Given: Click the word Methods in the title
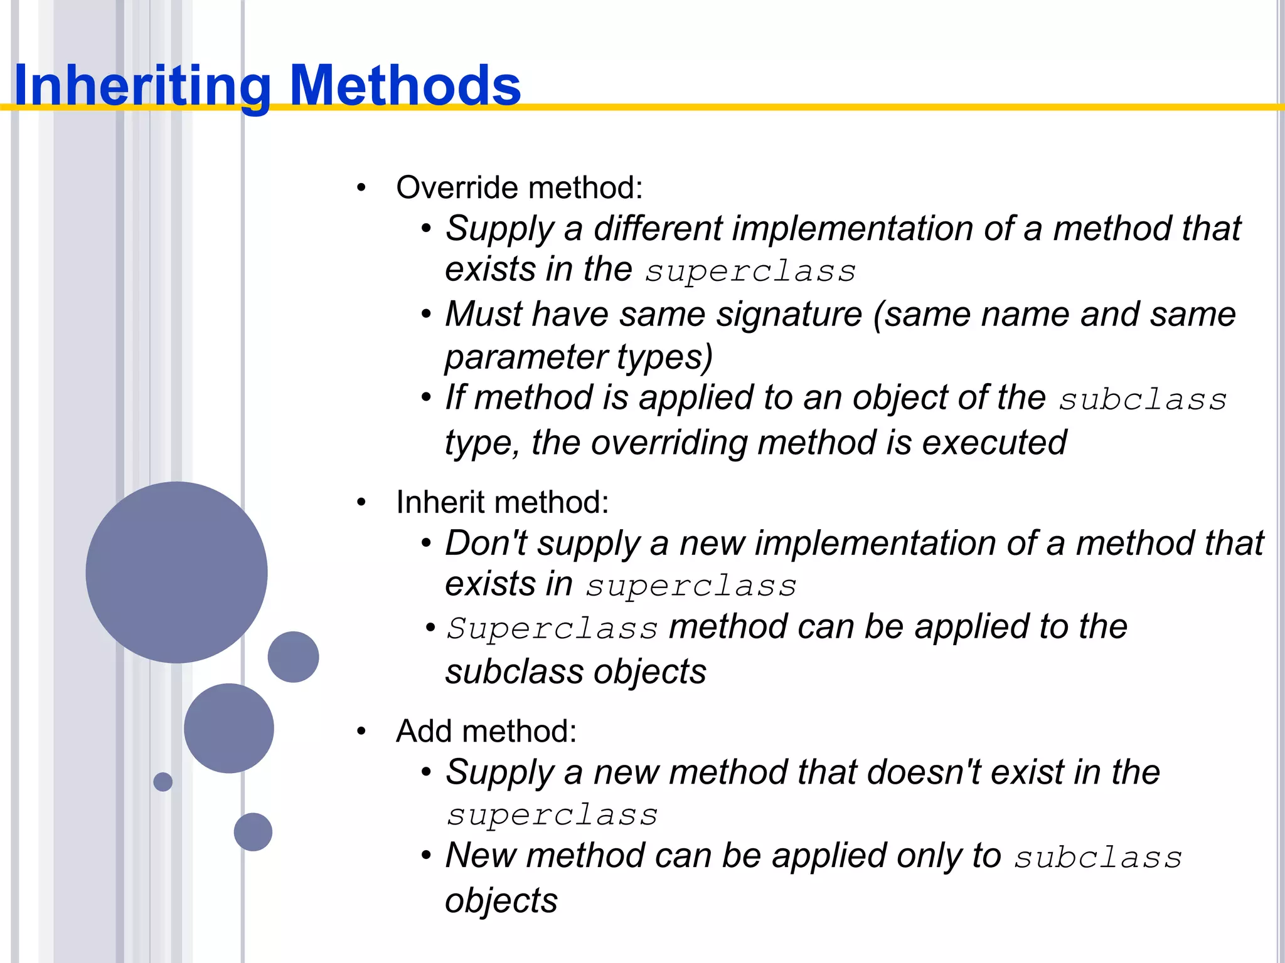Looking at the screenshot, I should pyautogui.click(x=405, y=86).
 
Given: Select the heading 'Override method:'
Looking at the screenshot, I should pyautogui.click(x=520, y=187).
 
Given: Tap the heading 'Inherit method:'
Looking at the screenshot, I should pyautogui.click(x=503, y=502).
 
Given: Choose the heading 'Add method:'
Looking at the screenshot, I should pyautogui.click(x=486, y=731).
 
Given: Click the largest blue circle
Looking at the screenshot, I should pyautogui.click(x=176, y=572).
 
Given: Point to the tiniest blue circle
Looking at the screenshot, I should pyautogui.click(x=163, y=782).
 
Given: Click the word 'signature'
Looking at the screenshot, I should pyautogui.click(x=789, y=315).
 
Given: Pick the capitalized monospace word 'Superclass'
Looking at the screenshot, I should pyautogui.click(x=552, y=628).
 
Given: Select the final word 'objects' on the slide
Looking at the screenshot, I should pyautogui.click(x=501, y=902).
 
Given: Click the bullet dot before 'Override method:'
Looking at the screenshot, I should pyautogui.click(x=361, y=187).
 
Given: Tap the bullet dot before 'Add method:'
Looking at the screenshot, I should pyautogui.click(x=361, y=731).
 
